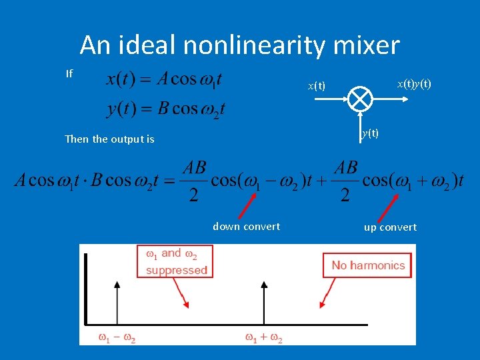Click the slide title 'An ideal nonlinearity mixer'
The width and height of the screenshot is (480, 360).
[239, 45]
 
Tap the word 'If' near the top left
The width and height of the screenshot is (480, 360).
[69, 73]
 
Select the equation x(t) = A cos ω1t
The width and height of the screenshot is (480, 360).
[164, 80]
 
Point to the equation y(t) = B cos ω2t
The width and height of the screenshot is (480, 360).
[165, 107]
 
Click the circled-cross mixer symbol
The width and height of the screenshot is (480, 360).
[359, 99]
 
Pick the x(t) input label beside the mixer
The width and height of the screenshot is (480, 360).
[316, 86]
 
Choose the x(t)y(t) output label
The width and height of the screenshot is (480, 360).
[414, 84]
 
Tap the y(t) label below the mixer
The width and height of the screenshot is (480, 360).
[370, 133]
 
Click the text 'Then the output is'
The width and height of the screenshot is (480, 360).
[109, 139]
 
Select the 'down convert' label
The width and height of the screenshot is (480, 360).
[246, 227]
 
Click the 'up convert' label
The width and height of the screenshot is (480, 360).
[390, 227]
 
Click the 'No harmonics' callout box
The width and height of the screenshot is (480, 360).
[368, 265]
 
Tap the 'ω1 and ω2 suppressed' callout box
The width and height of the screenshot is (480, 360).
[177, 261]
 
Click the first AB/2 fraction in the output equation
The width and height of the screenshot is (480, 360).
[194, 180]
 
